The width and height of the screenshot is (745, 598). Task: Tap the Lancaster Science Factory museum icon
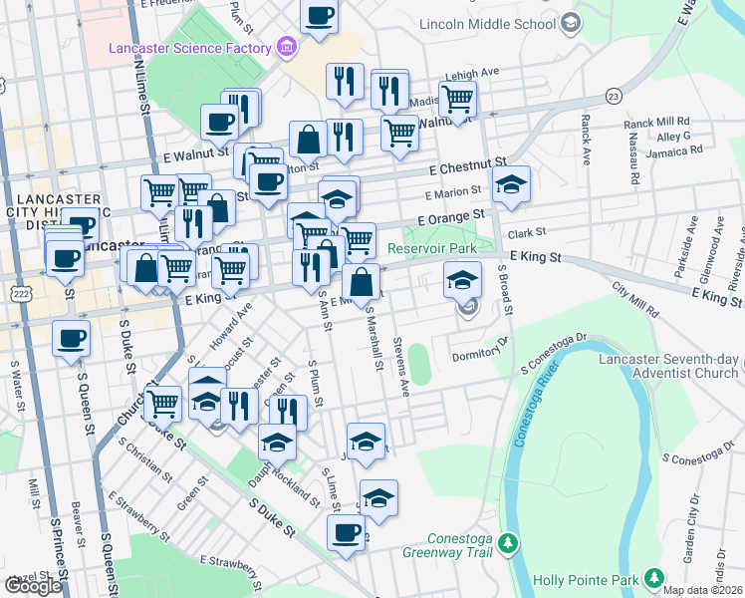(x=288, y=47)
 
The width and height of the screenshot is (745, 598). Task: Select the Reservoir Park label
(x=432, y=248)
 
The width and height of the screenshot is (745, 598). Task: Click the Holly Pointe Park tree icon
(x=653, y=579)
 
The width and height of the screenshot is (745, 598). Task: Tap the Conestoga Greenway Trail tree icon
(x=510, y=543)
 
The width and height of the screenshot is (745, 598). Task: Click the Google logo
(x=33, y=585)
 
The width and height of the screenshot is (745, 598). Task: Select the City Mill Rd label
(x=636, y=298)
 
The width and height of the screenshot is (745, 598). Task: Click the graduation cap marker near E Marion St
(x=511, y=185)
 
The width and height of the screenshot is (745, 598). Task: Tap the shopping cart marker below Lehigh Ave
(x=457, y=100)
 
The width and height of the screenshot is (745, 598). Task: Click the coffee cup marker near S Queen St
(x=71, y=339)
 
